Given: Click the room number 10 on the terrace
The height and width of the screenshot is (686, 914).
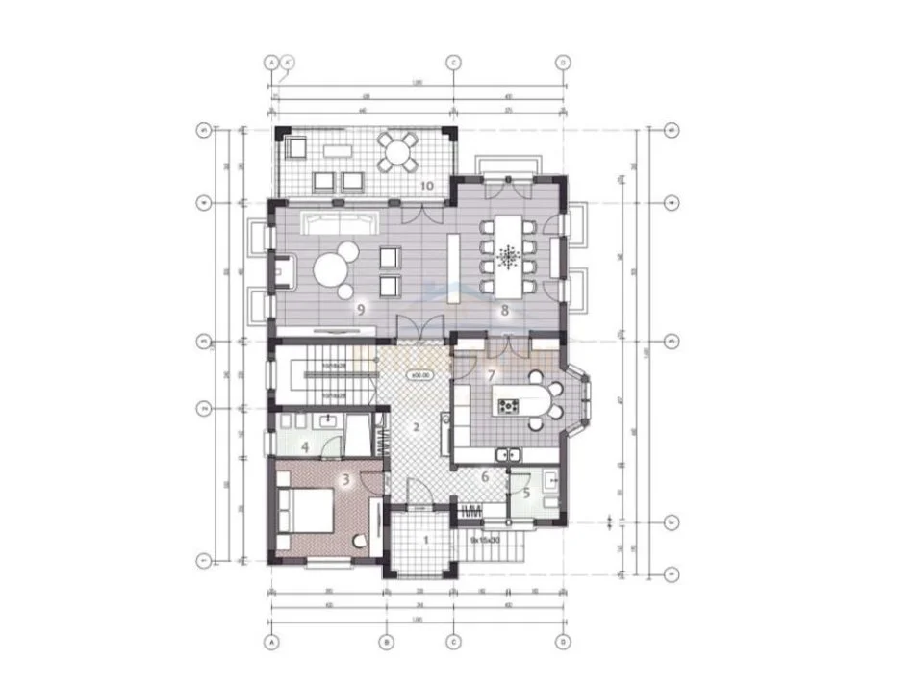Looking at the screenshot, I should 427,184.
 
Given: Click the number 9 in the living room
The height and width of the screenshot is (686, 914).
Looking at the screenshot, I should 360,309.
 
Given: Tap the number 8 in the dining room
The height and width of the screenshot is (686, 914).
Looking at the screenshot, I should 504,310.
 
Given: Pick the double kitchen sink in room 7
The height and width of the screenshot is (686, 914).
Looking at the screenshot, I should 507,454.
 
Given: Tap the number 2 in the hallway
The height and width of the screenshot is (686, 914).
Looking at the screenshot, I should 415,426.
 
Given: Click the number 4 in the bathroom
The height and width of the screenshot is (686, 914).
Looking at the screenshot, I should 305,446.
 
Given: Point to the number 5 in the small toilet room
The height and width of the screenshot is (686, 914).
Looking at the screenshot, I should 526,492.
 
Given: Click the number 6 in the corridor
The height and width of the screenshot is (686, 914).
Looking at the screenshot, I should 485,476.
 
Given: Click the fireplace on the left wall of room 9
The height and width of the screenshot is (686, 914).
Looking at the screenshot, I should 281,272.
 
